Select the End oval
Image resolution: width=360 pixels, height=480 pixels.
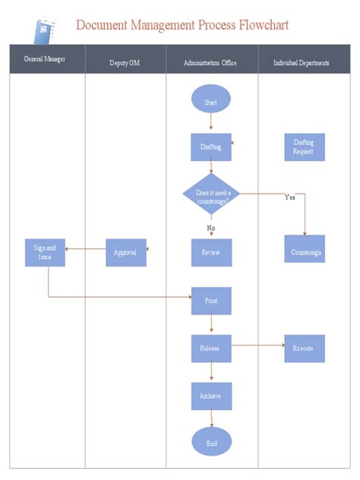click(x=211, y=441)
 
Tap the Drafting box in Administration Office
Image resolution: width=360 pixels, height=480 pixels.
click(x=211, y=147)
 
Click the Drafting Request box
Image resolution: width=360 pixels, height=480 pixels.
click(x=305, y=147)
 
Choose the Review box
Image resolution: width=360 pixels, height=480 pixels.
click(x=211, y=252)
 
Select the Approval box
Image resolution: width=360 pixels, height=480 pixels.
click(x=125, y=252)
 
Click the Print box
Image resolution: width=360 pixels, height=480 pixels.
click(x=211, y=301)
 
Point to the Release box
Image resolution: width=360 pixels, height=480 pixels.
click(x=211, y=348)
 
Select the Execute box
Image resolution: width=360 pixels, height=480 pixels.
click(x=305, y=348)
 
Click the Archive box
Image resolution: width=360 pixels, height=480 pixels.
click(x=211, y=396)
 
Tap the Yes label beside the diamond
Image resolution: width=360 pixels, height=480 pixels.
click(x=289, y=197)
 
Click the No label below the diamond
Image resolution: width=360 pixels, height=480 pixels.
click(x=211, y=227)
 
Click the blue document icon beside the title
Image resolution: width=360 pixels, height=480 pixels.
click(x=46, y=30)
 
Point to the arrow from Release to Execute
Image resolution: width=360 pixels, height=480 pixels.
click(x=258, y=348)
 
